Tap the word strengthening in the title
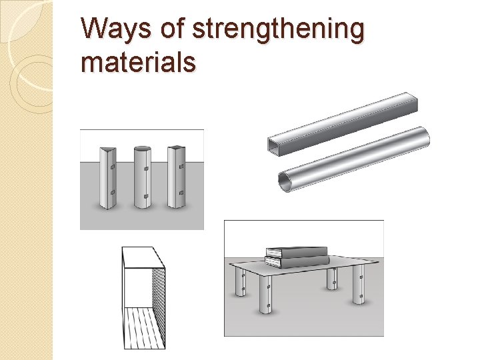278,30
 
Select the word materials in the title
139,62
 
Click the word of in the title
172,27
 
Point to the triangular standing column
108,178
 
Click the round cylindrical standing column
143,177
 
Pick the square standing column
176,177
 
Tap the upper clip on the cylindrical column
146,169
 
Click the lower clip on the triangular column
113,192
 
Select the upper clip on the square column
181,167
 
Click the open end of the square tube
274,146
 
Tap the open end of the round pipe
285,182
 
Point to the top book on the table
297,251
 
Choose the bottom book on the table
297,261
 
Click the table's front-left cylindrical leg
266,295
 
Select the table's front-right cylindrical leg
359,285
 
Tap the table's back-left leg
240,281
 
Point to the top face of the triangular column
109,150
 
